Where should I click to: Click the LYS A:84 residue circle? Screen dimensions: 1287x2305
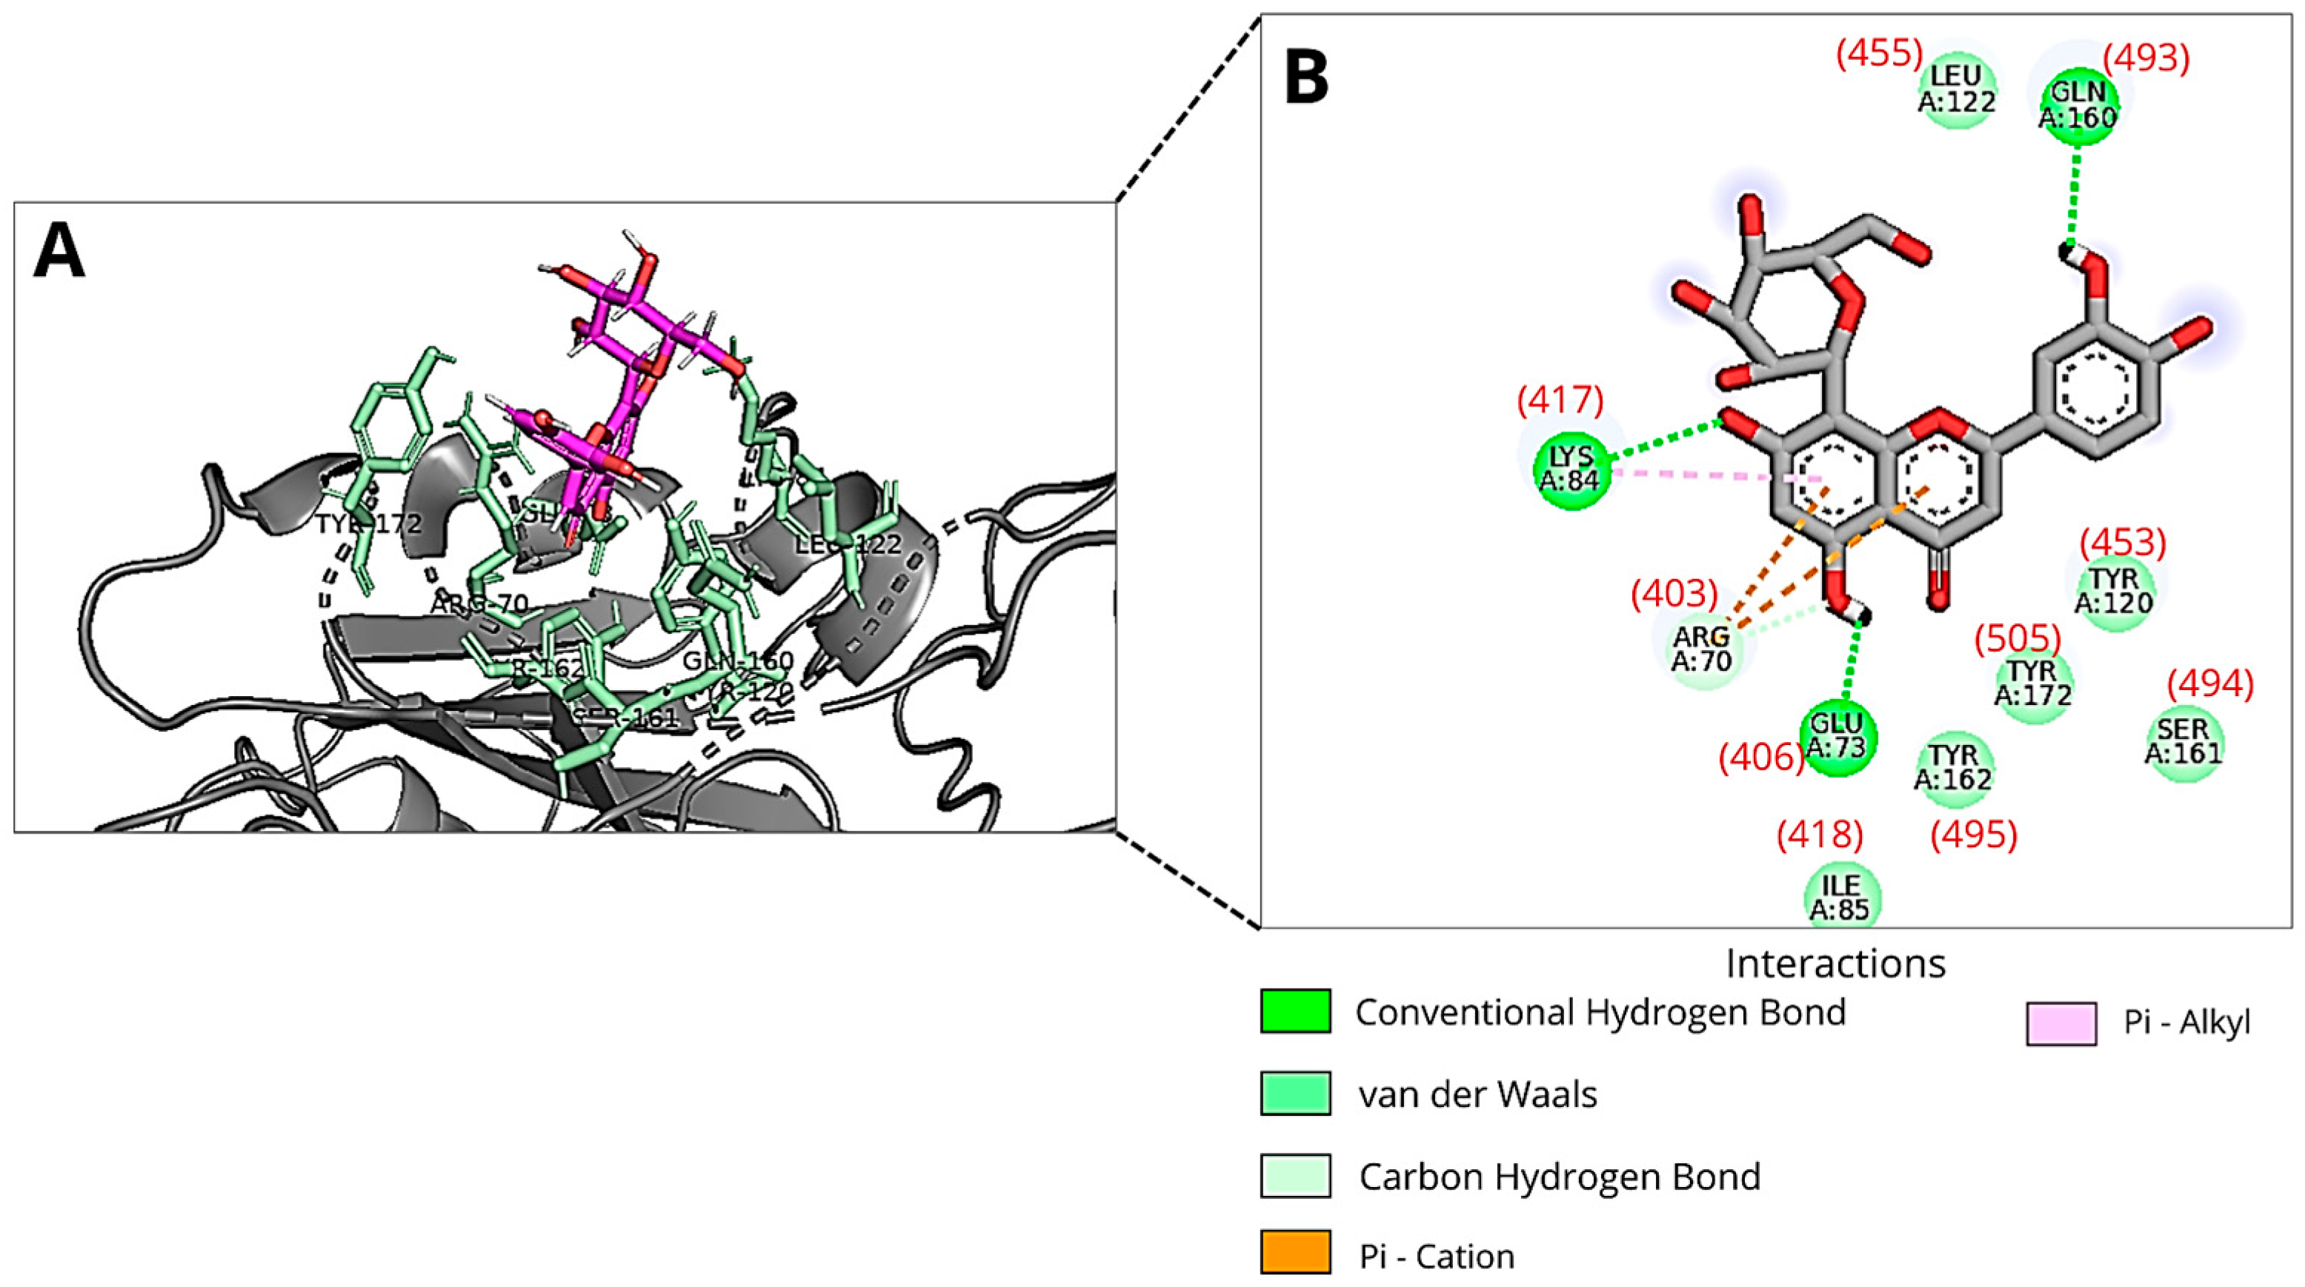coord(1573,469)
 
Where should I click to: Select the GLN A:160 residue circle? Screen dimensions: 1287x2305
coord(2078,106)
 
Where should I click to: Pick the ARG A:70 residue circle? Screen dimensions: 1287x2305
coord(1702,649)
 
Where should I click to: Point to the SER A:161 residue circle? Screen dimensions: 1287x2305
coord(2184,741)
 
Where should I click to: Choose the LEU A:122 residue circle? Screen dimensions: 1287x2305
coord(1957,90)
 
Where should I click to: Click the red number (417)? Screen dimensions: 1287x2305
coord(1560,399)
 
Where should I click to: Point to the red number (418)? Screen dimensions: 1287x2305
coord(1820,835)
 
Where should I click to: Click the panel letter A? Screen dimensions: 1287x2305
coord(59,253)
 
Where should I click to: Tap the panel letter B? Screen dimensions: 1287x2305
coord(1307,77)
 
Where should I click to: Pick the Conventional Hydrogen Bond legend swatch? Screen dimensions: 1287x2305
coord(1295,1012)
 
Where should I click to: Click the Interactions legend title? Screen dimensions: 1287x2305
coord(1835,963)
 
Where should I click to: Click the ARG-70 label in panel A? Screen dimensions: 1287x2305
coord(479,604)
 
